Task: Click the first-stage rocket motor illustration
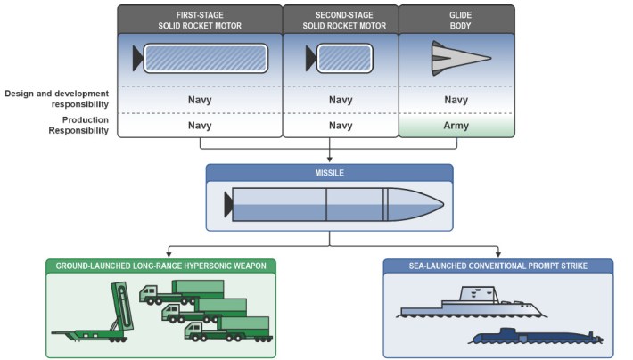[x=201, y=59]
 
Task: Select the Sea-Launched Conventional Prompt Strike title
[x=497, y=266]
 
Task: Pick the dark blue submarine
[x=535, y=336]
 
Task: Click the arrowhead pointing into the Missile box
[x=329, y=160]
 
